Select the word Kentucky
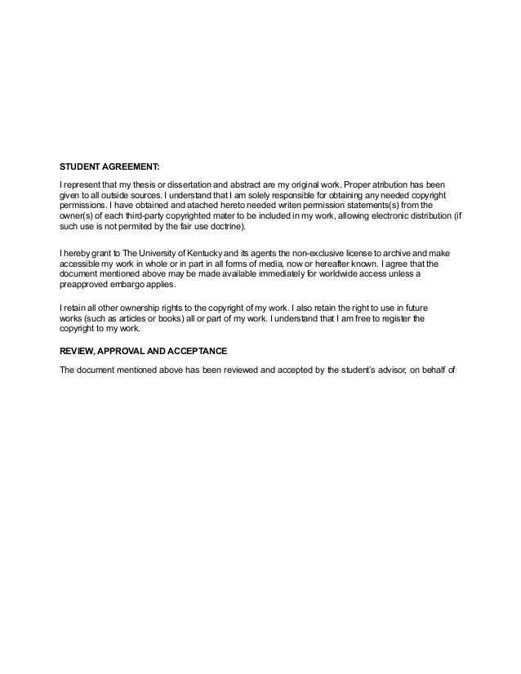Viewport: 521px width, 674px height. tap(200, 254)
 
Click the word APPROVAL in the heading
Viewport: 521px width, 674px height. tap(131, 349)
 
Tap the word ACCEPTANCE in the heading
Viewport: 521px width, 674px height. tap(198, 349)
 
